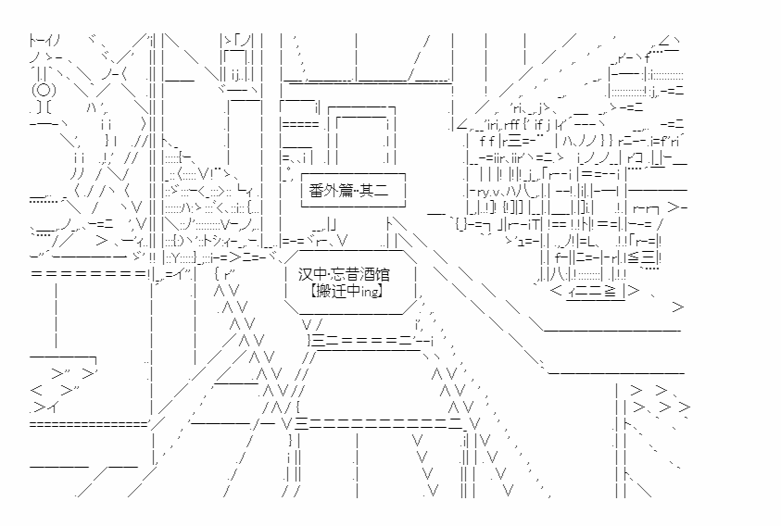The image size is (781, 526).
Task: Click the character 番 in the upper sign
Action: [x=316, y=190]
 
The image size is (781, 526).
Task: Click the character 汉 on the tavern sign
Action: [x=306, y=274]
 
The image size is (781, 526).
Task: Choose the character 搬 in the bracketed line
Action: [x=323, y=291]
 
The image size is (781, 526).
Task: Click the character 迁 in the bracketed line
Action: [x=338, y=291]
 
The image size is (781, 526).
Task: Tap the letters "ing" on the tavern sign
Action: [x=369, y=292]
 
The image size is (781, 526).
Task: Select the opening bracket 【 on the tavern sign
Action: [x=313, y=291]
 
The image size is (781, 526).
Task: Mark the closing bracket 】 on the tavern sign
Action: [x=381, y=291]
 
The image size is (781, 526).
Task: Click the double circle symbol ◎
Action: [x=44, y=90]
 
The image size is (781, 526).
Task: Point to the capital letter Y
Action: [x=175, y=257]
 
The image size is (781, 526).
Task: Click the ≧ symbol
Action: [x=611, y=291]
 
